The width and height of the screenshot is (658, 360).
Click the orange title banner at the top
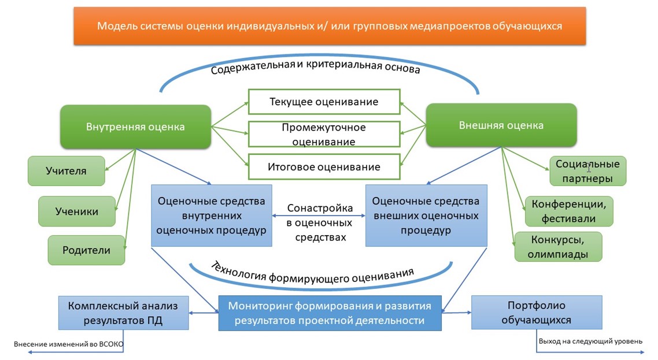tap(330, 26)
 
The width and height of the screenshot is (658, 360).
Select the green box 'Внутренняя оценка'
tap(135, 127)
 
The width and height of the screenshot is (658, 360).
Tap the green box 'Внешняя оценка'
tap(501, 125)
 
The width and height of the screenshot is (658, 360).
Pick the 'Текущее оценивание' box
tap(324, 102)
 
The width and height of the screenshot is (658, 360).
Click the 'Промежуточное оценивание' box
tap(324, 134)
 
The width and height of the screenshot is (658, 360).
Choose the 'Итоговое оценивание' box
tap(324, 166)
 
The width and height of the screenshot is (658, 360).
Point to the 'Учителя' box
tap(66, 170)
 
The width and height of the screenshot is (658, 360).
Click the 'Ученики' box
tap(77, 211)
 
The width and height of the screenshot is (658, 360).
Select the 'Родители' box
tap(86, 250)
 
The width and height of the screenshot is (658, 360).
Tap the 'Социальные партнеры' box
tap(587, 171)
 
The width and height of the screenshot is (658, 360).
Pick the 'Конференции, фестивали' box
tap(568, 211)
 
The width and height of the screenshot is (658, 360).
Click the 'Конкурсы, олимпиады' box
tap(558, 247)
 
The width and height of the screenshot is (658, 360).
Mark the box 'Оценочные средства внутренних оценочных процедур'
tap(212, 216)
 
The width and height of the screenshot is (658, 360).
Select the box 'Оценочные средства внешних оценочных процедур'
tap(426, 216)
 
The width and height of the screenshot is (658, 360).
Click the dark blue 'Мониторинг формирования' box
tap(330, 313)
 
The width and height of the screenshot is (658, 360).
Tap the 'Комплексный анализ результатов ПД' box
tap(123, 313)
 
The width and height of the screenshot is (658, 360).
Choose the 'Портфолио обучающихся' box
tap(536, 312)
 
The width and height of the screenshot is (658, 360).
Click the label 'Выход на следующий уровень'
tap(590, 341)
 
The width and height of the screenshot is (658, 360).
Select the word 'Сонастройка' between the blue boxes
tap(320, 208)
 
